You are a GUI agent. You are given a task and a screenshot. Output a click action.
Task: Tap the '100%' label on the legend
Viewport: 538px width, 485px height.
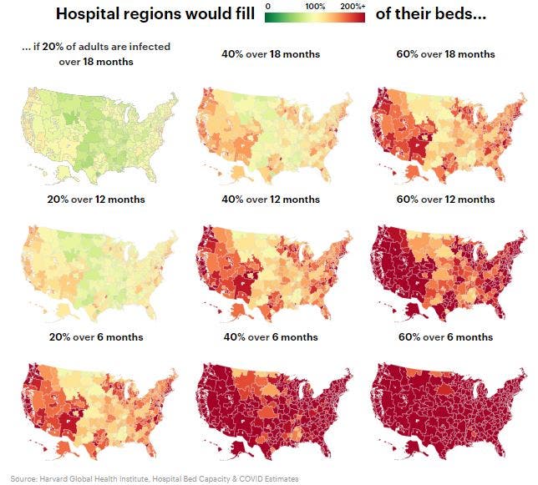click(x=315, y=7)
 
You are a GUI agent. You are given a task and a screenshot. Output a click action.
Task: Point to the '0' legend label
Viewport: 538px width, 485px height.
click(x=267, y=7)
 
